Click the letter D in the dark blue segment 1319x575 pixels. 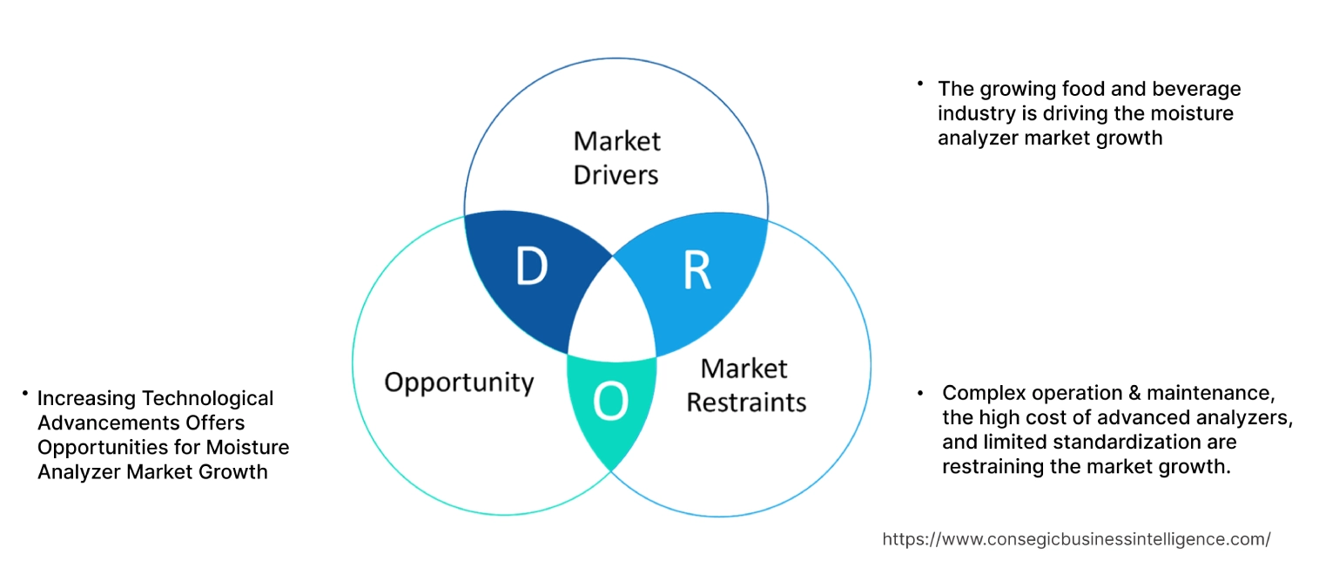pos(531,267)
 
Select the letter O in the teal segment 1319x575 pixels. pos(609,402)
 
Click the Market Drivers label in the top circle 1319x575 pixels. pos(616,158)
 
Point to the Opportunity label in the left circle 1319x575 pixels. pos(459,382)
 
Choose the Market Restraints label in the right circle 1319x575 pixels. pos(745,385)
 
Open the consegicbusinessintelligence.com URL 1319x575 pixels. pos(1076,539)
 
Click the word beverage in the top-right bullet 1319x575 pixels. pos(1197,89)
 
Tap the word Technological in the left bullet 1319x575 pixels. pos(207,398)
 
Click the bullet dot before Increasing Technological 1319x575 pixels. pos(26,396)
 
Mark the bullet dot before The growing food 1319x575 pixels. pos(919,85)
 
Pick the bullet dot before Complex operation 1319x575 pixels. pos(921,393)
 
